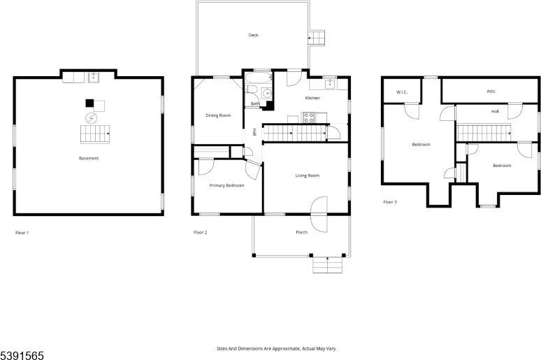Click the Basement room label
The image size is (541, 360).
(88, 158)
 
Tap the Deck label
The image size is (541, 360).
(253, 35)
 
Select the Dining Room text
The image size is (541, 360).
(217, 115)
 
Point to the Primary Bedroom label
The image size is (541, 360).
(226, 185)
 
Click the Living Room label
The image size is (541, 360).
(307, 175)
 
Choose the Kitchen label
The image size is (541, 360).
(312, 98)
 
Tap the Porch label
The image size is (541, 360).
(301, 232)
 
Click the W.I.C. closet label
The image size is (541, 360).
(401, 92)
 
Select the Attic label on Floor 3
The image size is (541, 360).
(491, 91)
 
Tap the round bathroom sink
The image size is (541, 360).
(266, 94)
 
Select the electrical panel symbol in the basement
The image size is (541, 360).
(89, 120)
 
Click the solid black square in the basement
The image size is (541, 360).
(89, 103)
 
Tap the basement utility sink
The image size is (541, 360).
(94, 76)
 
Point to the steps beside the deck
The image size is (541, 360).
(318, 37)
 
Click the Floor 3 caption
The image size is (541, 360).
(389, 202)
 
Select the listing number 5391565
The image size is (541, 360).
(22, 355)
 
